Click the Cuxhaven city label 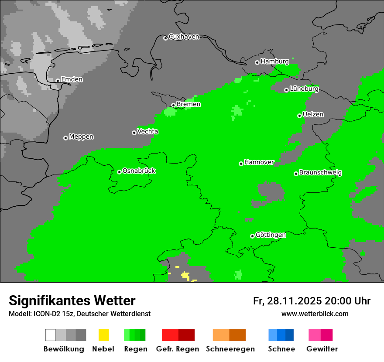pos(184,37)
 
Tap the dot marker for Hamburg pos(257,62)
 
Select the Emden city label pos(72,79)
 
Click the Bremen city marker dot pos(173,105)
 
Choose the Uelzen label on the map pos(313,114)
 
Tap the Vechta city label pos(147,131)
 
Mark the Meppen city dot pos(65,138)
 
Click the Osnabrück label pos(139,171)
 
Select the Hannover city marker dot pos(241,164)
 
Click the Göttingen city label pos(271,235)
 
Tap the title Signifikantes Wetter pos(72,301)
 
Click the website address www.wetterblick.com pos(315,314)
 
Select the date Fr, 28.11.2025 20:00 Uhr pos(312,301)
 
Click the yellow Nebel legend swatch pos(103,335)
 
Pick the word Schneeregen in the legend pos(230,349)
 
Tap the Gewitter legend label pos(322,349)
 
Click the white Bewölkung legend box pos(50,335)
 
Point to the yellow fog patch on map pos(185,275)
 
